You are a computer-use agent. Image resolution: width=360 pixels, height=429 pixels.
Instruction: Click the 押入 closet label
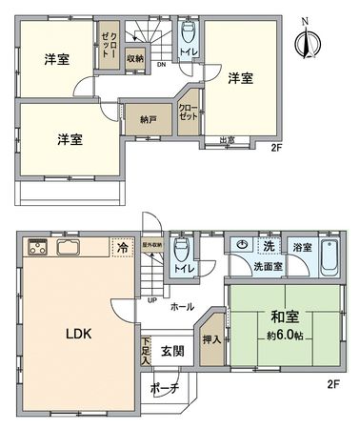pos(211,337)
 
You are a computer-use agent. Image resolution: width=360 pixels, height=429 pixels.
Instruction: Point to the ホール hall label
pos(182,307)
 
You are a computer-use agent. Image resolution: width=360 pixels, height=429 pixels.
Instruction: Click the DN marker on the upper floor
pos(162,65)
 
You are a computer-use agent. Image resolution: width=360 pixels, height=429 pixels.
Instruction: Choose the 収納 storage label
pos(134,58)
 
